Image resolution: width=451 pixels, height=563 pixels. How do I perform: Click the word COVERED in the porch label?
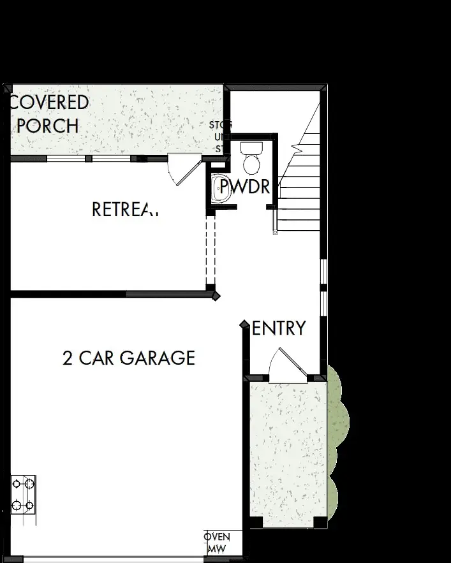point(50,103)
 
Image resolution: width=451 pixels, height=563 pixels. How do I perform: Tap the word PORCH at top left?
point(48,126)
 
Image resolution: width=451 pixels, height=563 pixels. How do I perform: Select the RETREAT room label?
point(124,209)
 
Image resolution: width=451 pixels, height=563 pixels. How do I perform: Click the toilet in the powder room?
point(251,159)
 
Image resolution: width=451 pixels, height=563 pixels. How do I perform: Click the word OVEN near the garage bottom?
point(217,537)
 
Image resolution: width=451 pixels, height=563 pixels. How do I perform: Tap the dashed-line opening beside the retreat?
point(211,252)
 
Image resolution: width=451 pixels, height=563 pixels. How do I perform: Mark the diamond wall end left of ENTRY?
point(244,325)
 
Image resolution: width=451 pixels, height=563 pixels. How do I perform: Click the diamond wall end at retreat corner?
point(216,296)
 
